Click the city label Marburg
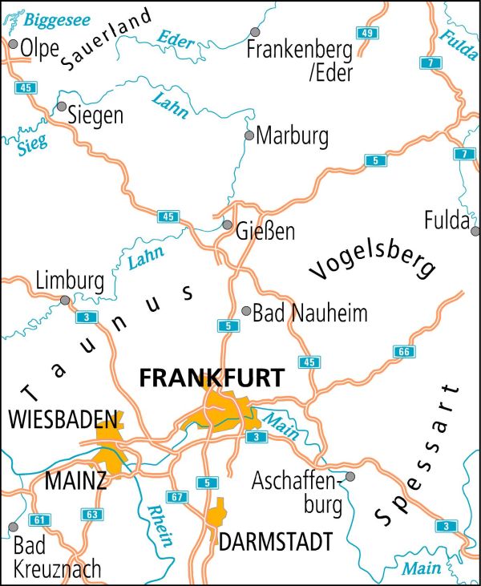pos(292,136)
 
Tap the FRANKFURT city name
pos(211,378)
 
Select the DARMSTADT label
pos(275,543)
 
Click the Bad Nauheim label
pos(309,313)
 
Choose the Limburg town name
pos(70,281)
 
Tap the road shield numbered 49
pos(368,33)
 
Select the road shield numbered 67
pos(178,498)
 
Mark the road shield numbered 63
pos(92,514)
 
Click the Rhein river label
pos(160,525)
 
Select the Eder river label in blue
pos(177,39)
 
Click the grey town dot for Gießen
pos(228,225)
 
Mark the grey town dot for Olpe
pos(13,45)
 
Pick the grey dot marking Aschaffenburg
pos(350,476)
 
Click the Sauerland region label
pos(105,39)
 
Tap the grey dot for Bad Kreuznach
pos(12,527)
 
